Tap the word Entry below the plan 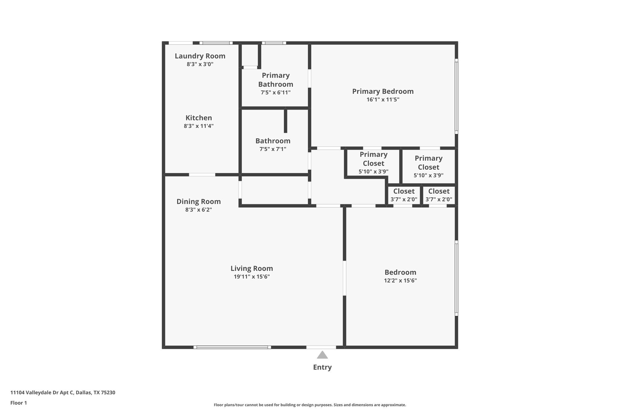click(322, 367)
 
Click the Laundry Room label click(200, 56)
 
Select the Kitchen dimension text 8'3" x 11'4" click(199, 126)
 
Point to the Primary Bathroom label click(275, 80)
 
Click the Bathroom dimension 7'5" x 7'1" click(272, 149)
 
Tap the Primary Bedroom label click(383, 91)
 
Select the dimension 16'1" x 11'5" click(383, 100)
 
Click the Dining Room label click(199, 202)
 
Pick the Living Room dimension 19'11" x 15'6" click(252, 277)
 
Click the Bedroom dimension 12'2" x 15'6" click(400, 280)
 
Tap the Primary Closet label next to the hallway click(373, 159)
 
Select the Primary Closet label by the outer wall click(428, 162)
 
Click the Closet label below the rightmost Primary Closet click(439, 191)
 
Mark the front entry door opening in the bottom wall click(321, 347)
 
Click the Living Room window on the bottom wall click(232, 347)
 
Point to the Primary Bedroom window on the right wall click(457, 96)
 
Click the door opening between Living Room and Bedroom click(345, 278)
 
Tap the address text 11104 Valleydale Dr click(63, 393)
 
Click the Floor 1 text click(18, 403)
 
